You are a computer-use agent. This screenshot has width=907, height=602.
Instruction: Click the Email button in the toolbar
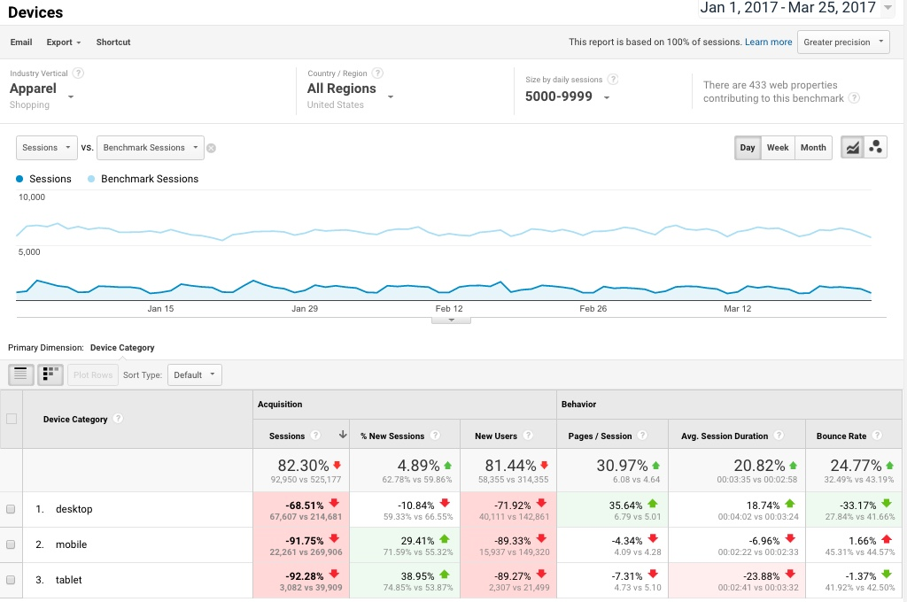click(21, 42)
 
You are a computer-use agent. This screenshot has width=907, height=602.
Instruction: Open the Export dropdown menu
click(64, 42)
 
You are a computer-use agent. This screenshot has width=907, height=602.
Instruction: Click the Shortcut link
click(113, 42)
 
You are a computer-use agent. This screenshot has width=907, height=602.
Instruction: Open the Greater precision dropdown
click(843, 42)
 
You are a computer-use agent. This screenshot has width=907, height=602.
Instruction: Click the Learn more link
click(768, 42)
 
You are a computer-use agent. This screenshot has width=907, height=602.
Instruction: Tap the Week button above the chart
click(777, 148)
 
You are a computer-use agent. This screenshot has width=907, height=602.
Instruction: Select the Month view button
click(812, 148)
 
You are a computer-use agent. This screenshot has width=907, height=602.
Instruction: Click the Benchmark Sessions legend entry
click(149, 179)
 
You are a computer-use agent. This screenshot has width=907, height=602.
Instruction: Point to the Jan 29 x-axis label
click(305, 309)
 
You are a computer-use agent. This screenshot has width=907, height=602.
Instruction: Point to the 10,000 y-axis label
click(32, 197)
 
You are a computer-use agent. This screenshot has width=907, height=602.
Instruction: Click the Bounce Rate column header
click(841, 436)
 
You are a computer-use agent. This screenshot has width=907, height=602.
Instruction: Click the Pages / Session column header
click(600, 436)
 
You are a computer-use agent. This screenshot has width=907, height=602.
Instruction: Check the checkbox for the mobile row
click(11, 544)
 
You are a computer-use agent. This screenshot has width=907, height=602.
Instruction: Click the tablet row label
click(68, 580)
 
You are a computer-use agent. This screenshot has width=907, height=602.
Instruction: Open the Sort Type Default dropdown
click(195, 374)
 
